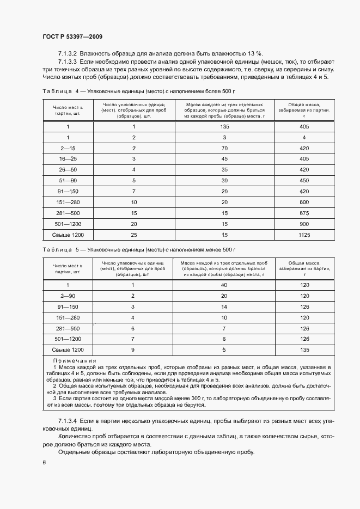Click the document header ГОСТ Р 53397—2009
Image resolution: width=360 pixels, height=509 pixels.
(72, 36)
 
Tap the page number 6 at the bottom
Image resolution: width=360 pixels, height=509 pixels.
(44, 462)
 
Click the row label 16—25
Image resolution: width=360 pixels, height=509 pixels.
(68, 159)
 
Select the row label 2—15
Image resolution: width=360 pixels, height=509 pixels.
(68, 148)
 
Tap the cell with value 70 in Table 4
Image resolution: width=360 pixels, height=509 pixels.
(223, 148)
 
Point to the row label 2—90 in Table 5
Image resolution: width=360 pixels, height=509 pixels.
(68, 296)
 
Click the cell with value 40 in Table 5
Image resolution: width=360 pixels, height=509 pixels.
(223, 285)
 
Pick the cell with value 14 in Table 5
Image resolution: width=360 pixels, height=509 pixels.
(223, 306)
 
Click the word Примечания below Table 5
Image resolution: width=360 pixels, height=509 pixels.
(75, 361)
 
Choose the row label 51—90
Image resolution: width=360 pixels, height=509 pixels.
(68, 181)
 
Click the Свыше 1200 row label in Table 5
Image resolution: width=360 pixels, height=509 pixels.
(68, 349)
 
